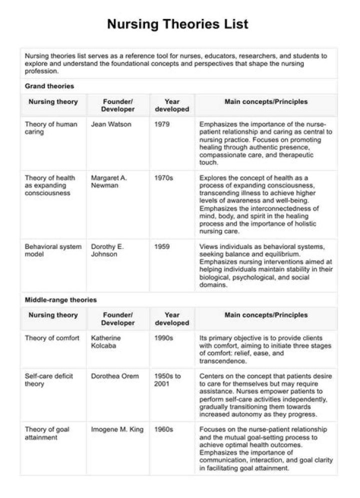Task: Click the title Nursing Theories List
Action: [x=177, y=24]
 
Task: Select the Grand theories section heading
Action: [x=49, y=86]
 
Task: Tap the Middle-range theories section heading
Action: [x=60, y=300]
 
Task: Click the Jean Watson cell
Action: [x=111, y=124]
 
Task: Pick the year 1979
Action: [x=162, y=124]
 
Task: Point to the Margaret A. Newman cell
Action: [x=109, y=181]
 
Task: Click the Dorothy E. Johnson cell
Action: [x=107, y=250]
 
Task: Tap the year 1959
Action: [x=162, y=246]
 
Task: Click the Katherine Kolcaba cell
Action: [x=106, y=341]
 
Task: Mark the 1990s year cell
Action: [x=164, y=338]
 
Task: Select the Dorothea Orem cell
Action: [x=115, y=376]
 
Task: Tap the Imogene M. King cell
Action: [x=117, y=429]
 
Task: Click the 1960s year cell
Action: [x=164, y=429]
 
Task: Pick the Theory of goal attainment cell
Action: [x=47, y=433]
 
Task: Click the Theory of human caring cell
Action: [x=51, y=128]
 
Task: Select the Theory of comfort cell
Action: [x=52, y=338]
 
